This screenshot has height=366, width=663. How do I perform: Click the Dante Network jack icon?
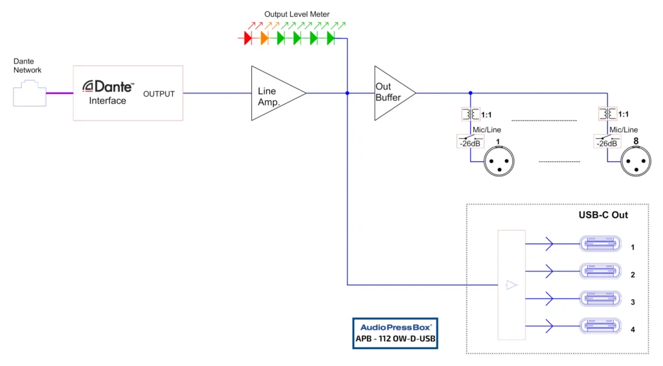30,92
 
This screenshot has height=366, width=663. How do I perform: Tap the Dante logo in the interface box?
108,86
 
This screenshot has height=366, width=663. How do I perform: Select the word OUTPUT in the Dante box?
159,94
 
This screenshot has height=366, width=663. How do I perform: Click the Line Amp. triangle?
275,93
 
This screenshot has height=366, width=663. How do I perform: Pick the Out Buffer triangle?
392,93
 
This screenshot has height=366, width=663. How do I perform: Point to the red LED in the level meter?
248,39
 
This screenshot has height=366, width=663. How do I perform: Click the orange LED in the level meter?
264,39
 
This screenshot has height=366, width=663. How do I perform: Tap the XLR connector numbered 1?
497,160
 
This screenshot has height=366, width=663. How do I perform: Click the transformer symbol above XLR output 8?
607,115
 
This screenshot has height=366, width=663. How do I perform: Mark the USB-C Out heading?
603,215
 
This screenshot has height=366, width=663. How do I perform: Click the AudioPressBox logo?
395,326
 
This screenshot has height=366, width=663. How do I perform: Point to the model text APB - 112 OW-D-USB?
395,339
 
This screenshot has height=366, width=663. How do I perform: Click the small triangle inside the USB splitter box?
511,284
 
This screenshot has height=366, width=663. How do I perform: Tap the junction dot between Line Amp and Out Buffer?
347,93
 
